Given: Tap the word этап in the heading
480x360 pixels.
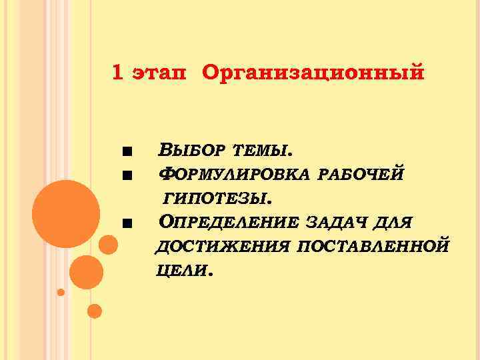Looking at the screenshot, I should click(x=159, y=74).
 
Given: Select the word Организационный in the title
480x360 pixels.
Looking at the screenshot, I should click(x=312, y=73).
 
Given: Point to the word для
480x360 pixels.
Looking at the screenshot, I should click(x=392, y=221).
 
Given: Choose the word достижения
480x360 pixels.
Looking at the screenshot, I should click(x=222, y=246).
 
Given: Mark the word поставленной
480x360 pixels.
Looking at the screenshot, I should click(x=373, y=246).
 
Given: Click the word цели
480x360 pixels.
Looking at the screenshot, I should click(x=183, y=270).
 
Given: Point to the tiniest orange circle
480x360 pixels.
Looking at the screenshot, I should click(x=61, y=292).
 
